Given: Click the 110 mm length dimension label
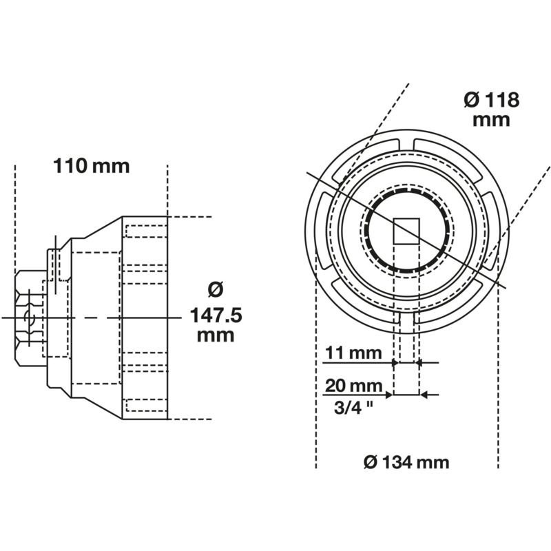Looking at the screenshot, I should pos(91,166).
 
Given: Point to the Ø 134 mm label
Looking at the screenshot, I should pos(406,462).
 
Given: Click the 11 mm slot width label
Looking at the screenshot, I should pos(352,353).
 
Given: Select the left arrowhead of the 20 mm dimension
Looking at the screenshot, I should pos(389,395).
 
